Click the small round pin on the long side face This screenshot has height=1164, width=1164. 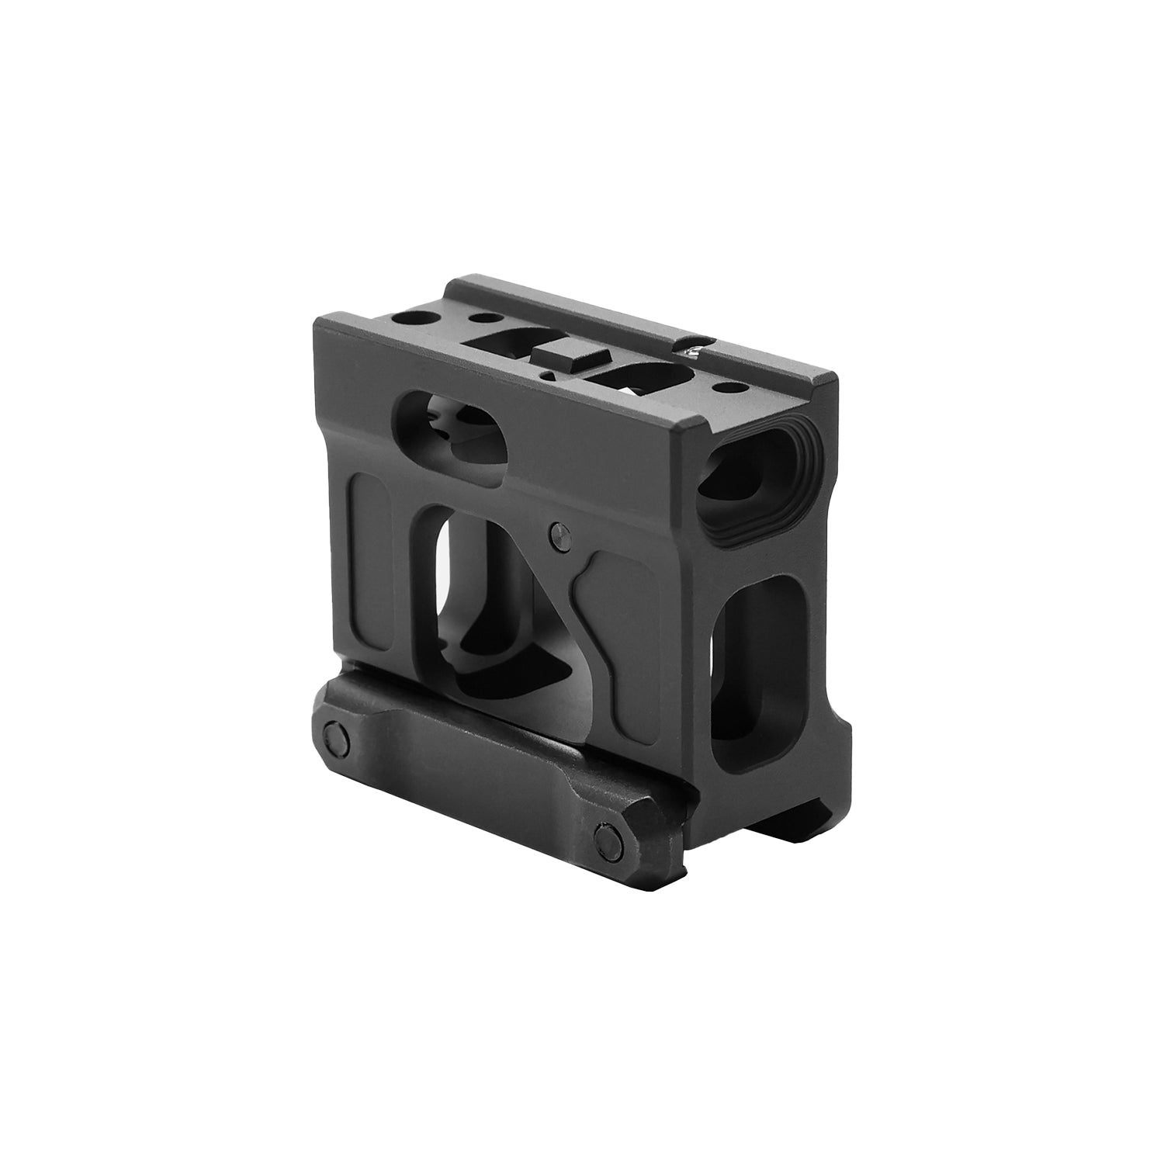click(558, 533)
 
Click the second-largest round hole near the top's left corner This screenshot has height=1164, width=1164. click(487, 317)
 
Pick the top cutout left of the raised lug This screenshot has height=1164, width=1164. click(512, 341)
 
